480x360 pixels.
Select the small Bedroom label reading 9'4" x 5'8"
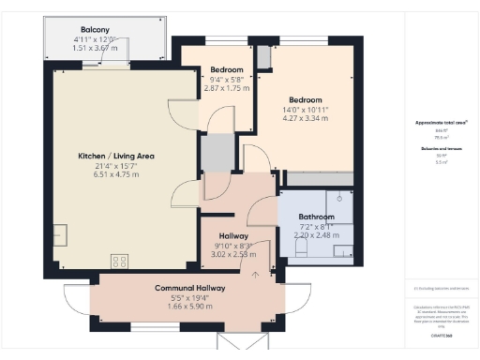click(227, 70)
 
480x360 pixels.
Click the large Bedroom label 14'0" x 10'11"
click(306, 100)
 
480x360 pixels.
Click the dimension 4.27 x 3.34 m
click(306, 119)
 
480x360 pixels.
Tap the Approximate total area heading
click(442, 124)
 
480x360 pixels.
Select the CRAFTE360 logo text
click(442, 335)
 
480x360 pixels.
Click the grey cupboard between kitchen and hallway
click(217, 152)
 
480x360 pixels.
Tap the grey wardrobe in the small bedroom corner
click(263, 55)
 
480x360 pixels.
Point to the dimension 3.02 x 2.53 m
click(233, 253)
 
